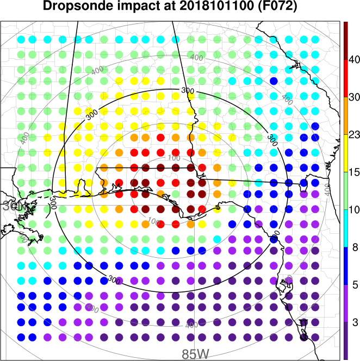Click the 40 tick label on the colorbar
tap(353, 59)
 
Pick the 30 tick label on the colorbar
tap(353, 97)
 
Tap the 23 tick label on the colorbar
tap(353, 135)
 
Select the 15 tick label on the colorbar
tap(353, 172)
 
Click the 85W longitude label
tap(195, 354)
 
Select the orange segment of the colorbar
tap(345, 116)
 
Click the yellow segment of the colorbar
tap(345, 153)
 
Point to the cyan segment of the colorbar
tap(345, 229)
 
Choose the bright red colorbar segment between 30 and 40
tap(345, 78)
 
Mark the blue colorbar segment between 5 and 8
tap(345, 266)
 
